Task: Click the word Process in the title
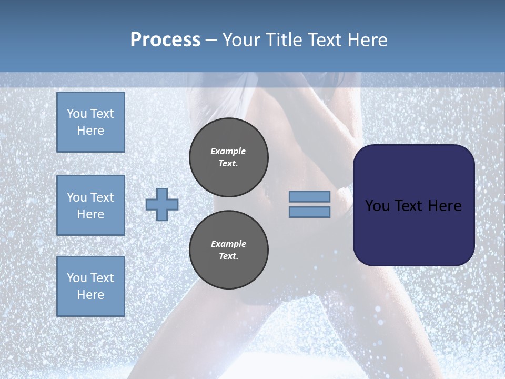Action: coord(165,40)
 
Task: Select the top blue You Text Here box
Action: coord(90,122)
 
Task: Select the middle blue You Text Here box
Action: coord(90,205)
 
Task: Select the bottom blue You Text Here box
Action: coord(90,286)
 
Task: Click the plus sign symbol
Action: coord(162,204)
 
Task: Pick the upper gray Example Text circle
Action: coord(229,157)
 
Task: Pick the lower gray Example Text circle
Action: coord(229,250)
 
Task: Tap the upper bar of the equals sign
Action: coord(309,196)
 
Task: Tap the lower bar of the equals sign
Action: coord(309,212)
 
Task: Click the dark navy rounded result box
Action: coord(413,232)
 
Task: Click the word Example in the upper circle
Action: coord(228,151)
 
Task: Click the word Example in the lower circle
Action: coord(228,244)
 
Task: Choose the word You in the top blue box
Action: coord(76,114)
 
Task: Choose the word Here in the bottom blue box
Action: coord(90,295)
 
